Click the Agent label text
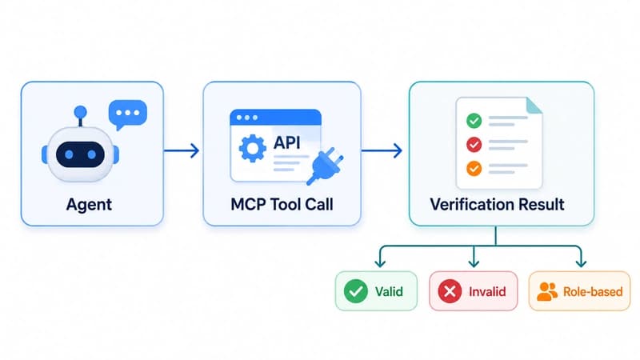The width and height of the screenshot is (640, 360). pos(89,205)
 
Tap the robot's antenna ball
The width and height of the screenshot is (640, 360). pos(81,112)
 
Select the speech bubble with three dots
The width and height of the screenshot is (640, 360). pos(128,114)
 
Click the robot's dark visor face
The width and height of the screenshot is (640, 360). pos(81,154)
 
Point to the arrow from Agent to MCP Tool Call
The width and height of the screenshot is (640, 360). pos(182,150)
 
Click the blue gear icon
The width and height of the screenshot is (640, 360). pos(252,148)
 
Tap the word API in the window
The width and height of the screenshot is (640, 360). pos(287,142)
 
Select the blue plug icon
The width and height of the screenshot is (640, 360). pos(326,166)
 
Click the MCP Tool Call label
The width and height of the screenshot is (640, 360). pos(282,205)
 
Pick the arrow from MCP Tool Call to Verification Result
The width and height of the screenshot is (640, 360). pos(382,150)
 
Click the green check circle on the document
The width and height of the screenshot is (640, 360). pos(474,121)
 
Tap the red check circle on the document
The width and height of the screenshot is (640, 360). pos(474,144)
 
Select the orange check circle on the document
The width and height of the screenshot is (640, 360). pos(474,168)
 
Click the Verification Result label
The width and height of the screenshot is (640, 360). pos(497,205)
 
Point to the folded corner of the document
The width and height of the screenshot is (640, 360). pos(534,106)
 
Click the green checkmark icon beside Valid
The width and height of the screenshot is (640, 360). pos(356,291)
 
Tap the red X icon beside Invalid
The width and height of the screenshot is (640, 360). pos(450,291)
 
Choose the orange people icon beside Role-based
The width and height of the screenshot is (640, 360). pos(547,291)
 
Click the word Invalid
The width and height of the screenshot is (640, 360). pos(487,291)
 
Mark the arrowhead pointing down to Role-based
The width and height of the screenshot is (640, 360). pos(581,262)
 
